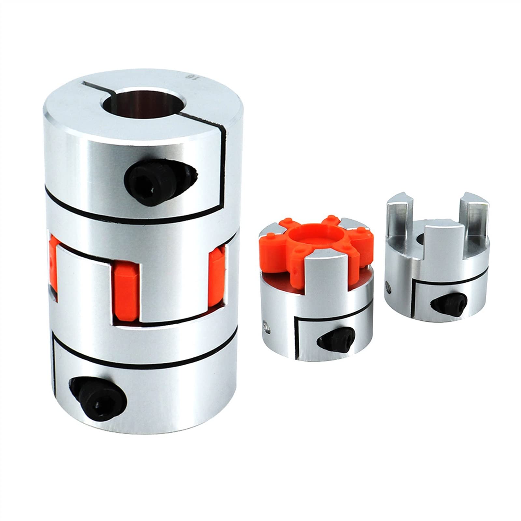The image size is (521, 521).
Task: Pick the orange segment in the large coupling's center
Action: pos(127,285)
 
